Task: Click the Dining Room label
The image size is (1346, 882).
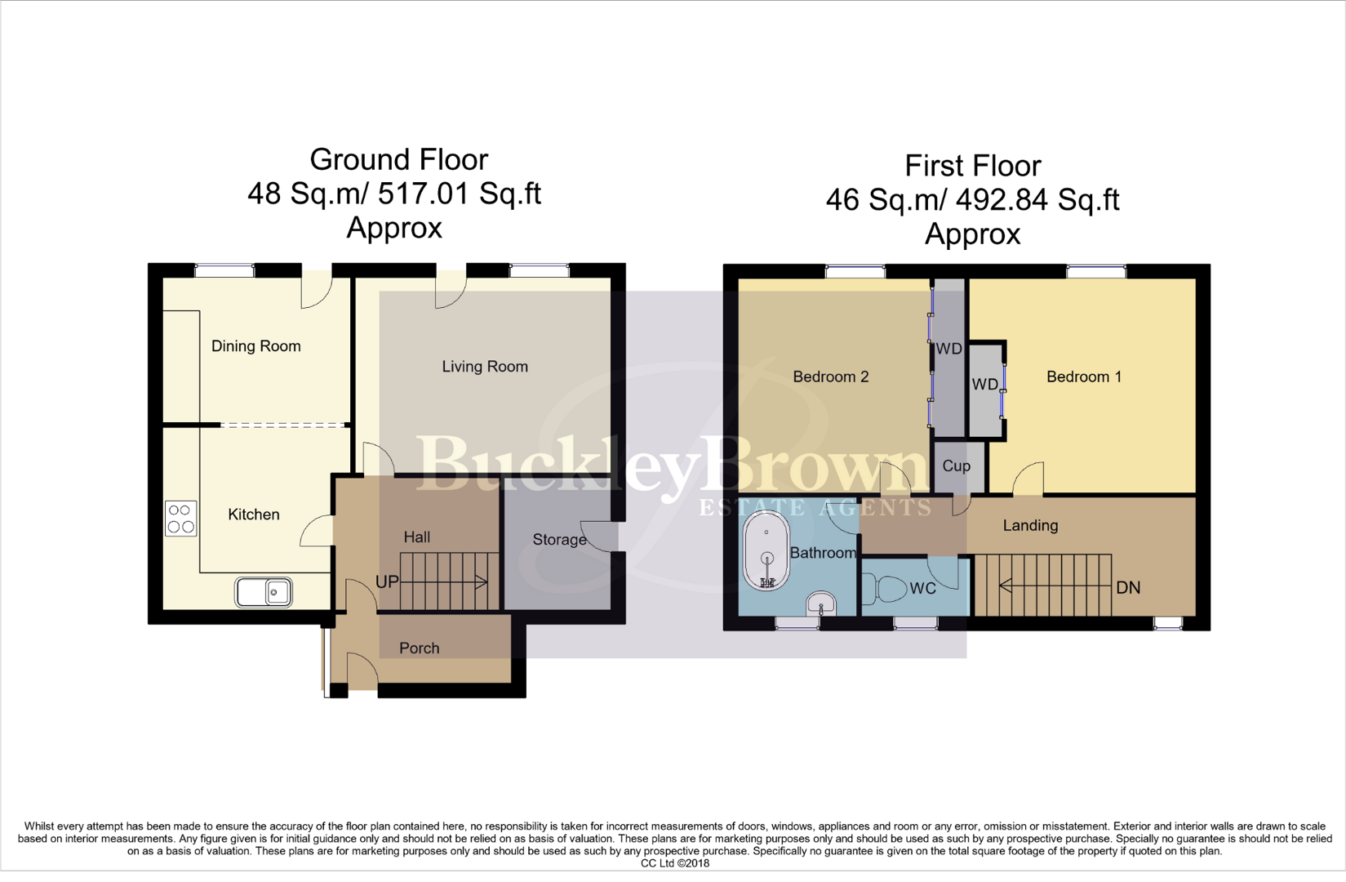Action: click(x=255, y=346)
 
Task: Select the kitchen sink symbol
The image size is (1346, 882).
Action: click(x=264, y=592)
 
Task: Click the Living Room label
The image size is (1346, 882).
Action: click(x=485, y=367)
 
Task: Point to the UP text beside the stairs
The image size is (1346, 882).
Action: click(x=387, y=582)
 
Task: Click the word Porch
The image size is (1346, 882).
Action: click(x=419, y=648)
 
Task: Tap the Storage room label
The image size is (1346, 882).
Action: click(x=559, y=540)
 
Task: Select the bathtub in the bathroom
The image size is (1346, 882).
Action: click(x=766, y=551)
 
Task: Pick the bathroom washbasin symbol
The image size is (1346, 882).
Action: click(x=820, y=604)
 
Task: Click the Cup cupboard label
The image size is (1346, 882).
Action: click(x=956, y=466)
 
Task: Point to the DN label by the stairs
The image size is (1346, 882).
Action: click(x=1127, y=588)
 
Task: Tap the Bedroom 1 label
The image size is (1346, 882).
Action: click(x=1083, y=377)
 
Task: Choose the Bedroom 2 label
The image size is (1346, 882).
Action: click(x=830, y=377)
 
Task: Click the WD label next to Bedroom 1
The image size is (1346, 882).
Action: click(x=984, y=385)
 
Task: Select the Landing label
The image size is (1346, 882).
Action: click(x=1029, y=526)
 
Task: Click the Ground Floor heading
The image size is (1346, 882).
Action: click(x=398, y=159)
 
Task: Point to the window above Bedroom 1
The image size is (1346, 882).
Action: click(x=1096, y=272)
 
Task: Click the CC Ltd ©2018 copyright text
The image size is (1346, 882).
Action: click(x=674, y=863)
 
